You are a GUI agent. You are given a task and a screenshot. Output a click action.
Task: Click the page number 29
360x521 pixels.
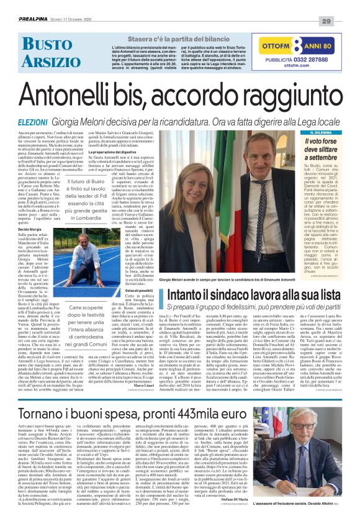(342, 20)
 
